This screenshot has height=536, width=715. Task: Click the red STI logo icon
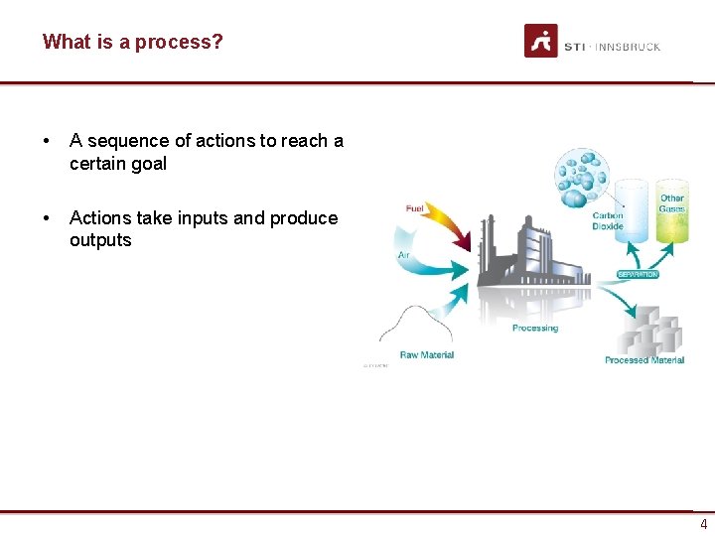click(541, 42)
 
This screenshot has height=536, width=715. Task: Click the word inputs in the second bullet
click(224, 218)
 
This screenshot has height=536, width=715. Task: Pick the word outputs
click(100, 240)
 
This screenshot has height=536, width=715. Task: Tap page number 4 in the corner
click(703, 525)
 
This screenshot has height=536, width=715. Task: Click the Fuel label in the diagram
click(416, 207)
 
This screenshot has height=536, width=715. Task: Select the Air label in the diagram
click(404, 255)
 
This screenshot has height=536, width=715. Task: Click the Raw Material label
click(426, 354)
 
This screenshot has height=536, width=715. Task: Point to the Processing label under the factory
click(535, 328)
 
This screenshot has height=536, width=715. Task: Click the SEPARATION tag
click(638, 274)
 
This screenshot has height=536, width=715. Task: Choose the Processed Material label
click(643, 360)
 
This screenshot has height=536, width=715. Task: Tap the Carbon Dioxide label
click(608, 220)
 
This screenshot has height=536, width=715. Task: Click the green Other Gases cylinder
click(673, 213)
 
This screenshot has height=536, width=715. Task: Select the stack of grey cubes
click(650, 334)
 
